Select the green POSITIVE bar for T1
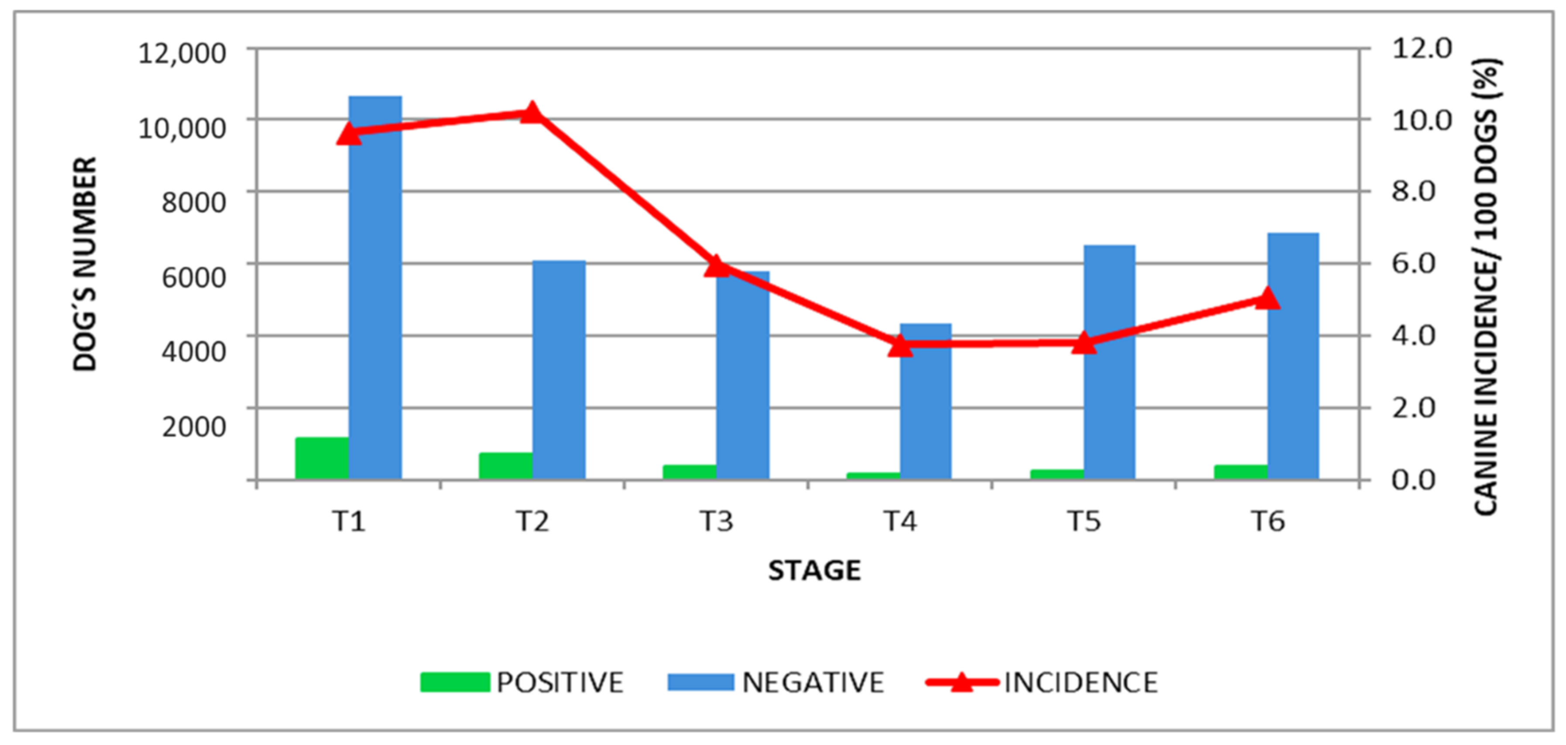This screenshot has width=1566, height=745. pyautogui.click(x=322, y=459)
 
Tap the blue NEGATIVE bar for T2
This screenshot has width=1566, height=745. pyautogui.click(x=559, y=371)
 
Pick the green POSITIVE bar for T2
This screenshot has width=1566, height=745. pyautogui.click(x=505, y=466)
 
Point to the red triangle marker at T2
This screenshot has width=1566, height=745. pyautogui.click(x=532, y=113)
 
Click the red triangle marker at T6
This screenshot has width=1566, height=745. pyautogui.click(x=1267, y=299)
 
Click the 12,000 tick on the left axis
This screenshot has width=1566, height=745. pyautogui.click(x=182, y=54)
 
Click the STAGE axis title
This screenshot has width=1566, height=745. pyautogui.click(x=814, y=570)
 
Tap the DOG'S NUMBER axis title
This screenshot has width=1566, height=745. pyautogui.click(x=85, y=264)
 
